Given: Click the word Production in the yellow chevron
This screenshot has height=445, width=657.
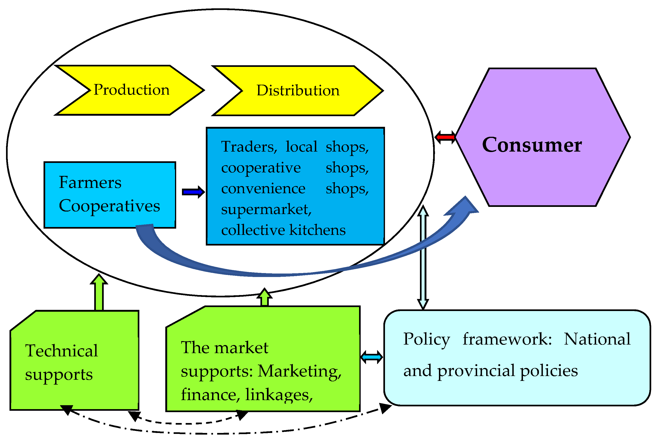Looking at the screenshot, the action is [131, 90].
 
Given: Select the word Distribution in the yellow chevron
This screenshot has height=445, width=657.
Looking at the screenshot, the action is [298, 91].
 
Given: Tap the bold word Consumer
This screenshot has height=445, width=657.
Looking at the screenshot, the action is [532, 145].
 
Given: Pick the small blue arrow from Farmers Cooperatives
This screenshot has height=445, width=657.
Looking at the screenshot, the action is [193, 192].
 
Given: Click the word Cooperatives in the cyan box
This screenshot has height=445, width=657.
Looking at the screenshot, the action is [109, 206].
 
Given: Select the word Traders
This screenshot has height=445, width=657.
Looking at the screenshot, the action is [248, 147].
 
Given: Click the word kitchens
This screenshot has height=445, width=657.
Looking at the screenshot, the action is [317, 230].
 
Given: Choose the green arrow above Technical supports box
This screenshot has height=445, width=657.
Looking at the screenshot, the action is [99, 293].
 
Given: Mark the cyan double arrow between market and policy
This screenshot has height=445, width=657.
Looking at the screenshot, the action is [372, 358].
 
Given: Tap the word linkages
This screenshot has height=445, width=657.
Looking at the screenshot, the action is [278, 395].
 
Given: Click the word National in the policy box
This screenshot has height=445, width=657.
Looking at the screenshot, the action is [597, 339].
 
